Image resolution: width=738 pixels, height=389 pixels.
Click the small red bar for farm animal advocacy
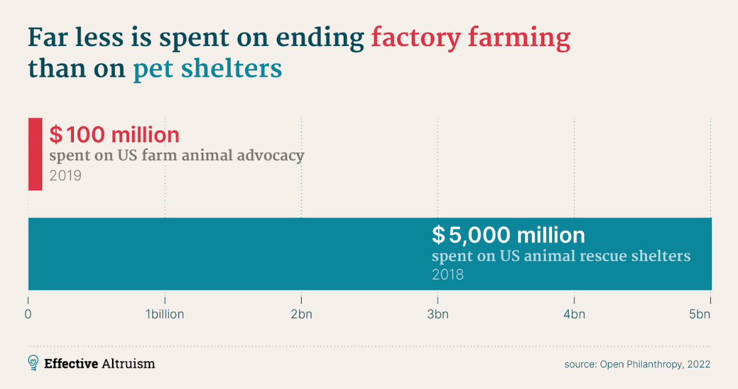35,154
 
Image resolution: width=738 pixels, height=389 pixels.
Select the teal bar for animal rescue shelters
227,254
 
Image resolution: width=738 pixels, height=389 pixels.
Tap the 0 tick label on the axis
28,314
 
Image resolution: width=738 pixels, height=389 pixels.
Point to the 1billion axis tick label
165,314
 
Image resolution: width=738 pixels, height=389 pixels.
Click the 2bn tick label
301,314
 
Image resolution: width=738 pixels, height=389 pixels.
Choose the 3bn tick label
437,314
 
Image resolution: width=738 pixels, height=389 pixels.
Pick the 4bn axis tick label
574,314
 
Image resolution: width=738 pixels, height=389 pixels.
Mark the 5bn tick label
700,314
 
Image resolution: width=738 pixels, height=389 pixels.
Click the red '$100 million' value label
114,135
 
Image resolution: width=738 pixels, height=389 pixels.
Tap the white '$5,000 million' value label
508,235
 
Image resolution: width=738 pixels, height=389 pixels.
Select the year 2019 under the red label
65,175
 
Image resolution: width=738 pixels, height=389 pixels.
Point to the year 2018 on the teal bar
448,275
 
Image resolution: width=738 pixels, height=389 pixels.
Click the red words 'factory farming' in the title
470,38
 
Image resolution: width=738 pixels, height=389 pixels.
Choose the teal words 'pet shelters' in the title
207,69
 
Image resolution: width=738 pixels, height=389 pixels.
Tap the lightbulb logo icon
34,363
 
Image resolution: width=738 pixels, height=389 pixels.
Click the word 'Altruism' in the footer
129,363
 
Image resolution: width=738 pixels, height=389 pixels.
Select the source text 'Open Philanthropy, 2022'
655,364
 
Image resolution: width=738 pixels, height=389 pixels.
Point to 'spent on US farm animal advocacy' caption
177,156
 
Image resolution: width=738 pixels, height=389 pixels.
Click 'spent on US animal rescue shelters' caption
561,256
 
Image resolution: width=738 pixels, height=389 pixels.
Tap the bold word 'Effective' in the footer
71,363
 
